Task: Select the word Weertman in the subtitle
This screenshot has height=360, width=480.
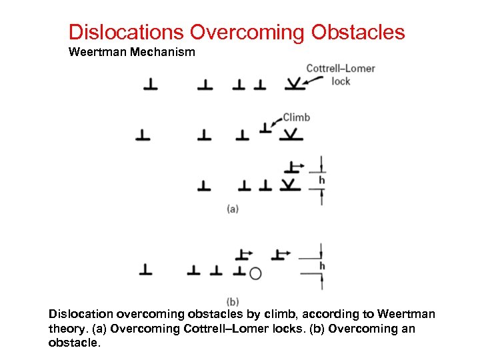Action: click(97, 51)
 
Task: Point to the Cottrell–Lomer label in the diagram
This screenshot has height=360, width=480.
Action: click(340, 68)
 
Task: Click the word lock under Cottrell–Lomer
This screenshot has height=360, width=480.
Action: click(341, 81)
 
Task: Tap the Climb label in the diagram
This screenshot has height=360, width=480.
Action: click(296, 117)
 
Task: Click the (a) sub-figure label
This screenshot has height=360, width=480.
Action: click(233, 209)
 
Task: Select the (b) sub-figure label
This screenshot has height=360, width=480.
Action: click(233, 301)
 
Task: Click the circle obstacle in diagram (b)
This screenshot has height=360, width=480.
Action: click(255, 273)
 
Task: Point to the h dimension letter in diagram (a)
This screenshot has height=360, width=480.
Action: click(322, 180)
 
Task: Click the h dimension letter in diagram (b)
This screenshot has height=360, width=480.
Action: click(322, 266)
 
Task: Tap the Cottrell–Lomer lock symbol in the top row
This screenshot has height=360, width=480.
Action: click(293, 84)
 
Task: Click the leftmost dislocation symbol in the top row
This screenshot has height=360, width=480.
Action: click(150, 85)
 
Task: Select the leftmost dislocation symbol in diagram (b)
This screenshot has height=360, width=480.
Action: click(145, 270)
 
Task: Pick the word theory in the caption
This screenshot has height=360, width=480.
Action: click(68, 329)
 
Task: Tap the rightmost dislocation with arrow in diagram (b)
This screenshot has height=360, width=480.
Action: click(279, 255)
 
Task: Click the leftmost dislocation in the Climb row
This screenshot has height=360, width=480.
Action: click(143, 135)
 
